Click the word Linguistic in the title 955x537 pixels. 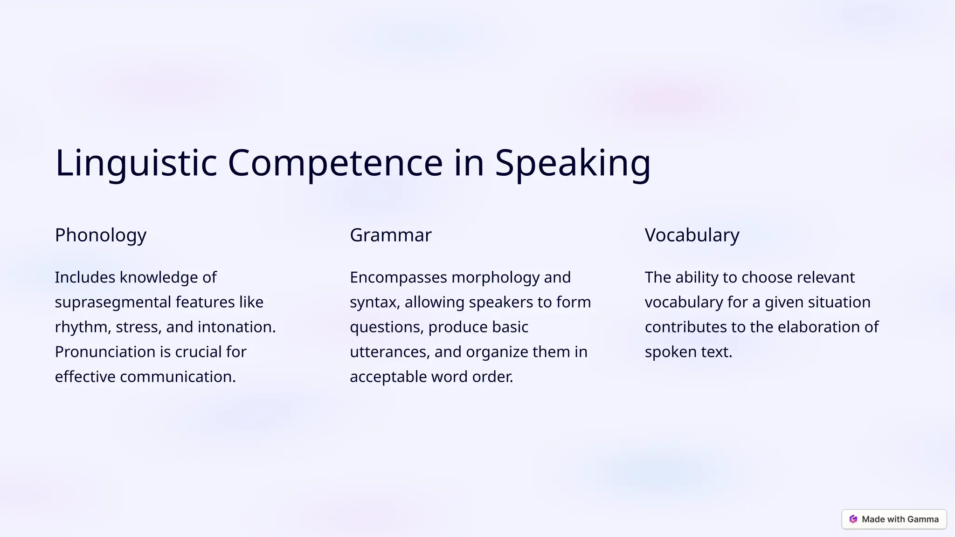coord(136,163)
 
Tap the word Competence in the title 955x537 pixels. coord(335,163)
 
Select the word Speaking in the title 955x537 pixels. coord(572,163)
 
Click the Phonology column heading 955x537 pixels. coord(101,235)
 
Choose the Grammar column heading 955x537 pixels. coord(390,235)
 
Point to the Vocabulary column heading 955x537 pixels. coord(692,235)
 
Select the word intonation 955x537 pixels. coord(236,327)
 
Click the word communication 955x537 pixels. coord(177,377)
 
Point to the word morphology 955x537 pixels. coord(495,277)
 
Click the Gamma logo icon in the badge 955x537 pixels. coord(853,519)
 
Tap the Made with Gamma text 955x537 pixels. coord(900,519)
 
